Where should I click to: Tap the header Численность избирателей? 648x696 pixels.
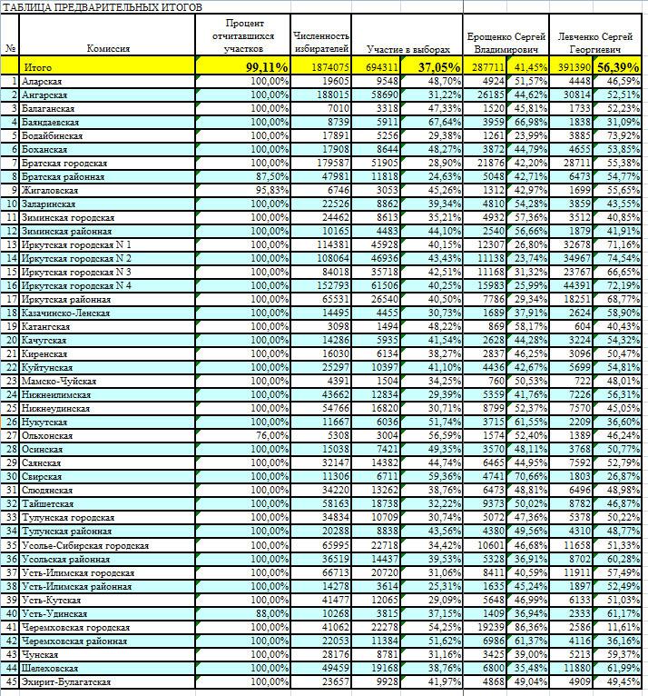click(321, 42)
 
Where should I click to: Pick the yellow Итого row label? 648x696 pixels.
click(38, 67)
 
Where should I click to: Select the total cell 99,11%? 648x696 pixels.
click(267, 67)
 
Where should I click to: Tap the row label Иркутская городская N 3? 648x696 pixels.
click(77, 272)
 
